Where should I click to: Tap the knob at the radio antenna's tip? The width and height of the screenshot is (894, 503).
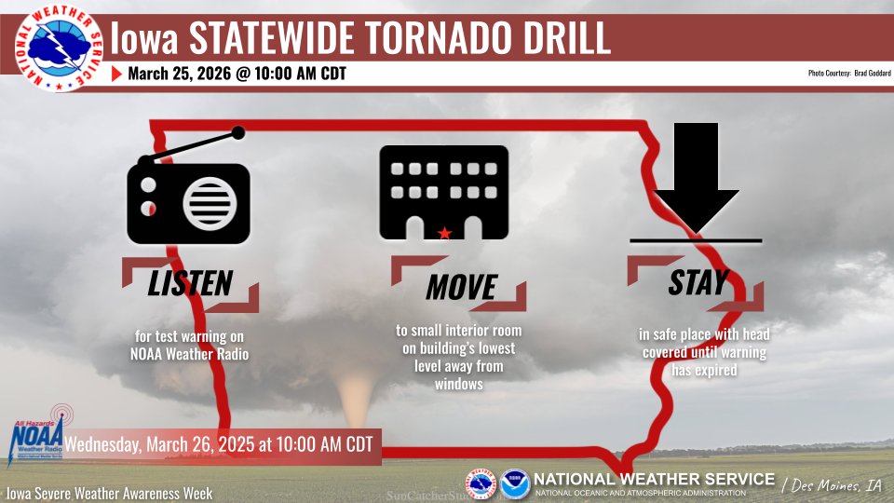coord(238,133)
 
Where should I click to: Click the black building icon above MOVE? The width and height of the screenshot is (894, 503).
coord(443,193)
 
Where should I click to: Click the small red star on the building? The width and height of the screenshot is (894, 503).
coord(444,232)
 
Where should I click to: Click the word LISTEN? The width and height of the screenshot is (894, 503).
coord(190,283)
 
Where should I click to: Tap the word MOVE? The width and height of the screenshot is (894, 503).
coord(461,287)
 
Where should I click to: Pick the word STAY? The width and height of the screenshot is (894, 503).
coord(698,282)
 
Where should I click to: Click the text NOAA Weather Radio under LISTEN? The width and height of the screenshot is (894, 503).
coord(190,353)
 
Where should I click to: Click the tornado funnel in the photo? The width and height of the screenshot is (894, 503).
coord(355,401)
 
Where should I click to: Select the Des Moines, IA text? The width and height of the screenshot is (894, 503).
coord(833,484)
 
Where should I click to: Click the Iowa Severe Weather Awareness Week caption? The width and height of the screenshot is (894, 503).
coord(110,493)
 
